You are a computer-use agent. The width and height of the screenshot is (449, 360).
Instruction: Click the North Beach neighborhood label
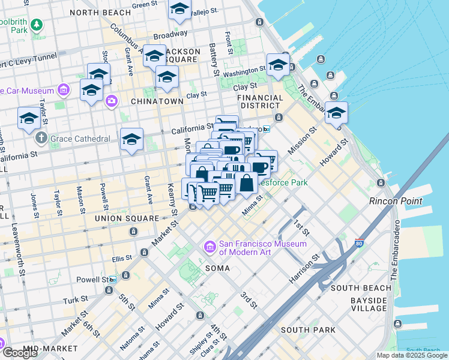(x=100, y=12)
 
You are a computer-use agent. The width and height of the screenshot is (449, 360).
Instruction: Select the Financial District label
(x=260, y=102)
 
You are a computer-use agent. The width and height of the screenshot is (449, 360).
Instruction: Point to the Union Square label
(x=120, y=218)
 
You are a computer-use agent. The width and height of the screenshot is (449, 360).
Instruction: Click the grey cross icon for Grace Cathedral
(x=41, y=139)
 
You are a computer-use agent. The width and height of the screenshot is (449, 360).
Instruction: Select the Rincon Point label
(x=396, y=201)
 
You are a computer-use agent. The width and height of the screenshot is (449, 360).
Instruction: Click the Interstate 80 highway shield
(x=358, y=243)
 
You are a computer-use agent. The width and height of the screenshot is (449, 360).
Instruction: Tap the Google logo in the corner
(x=19, y=353)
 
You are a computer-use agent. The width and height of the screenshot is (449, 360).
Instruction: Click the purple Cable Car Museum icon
(x=65, y=91)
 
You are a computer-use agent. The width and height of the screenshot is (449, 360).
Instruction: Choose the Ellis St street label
(x=121, y=259)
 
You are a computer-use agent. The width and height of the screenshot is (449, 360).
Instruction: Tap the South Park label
(x=303, y=330)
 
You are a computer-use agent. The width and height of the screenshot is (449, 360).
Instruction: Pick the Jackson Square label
(x=178, y=55)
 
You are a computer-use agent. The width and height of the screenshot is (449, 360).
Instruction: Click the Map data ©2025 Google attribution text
(x=412, y=355)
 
